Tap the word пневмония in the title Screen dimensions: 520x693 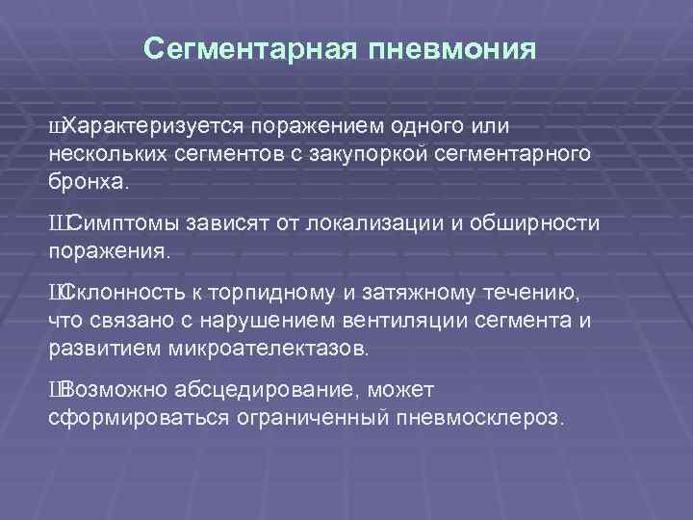coord(452,49)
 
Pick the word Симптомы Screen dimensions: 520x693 coord(121,224)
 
